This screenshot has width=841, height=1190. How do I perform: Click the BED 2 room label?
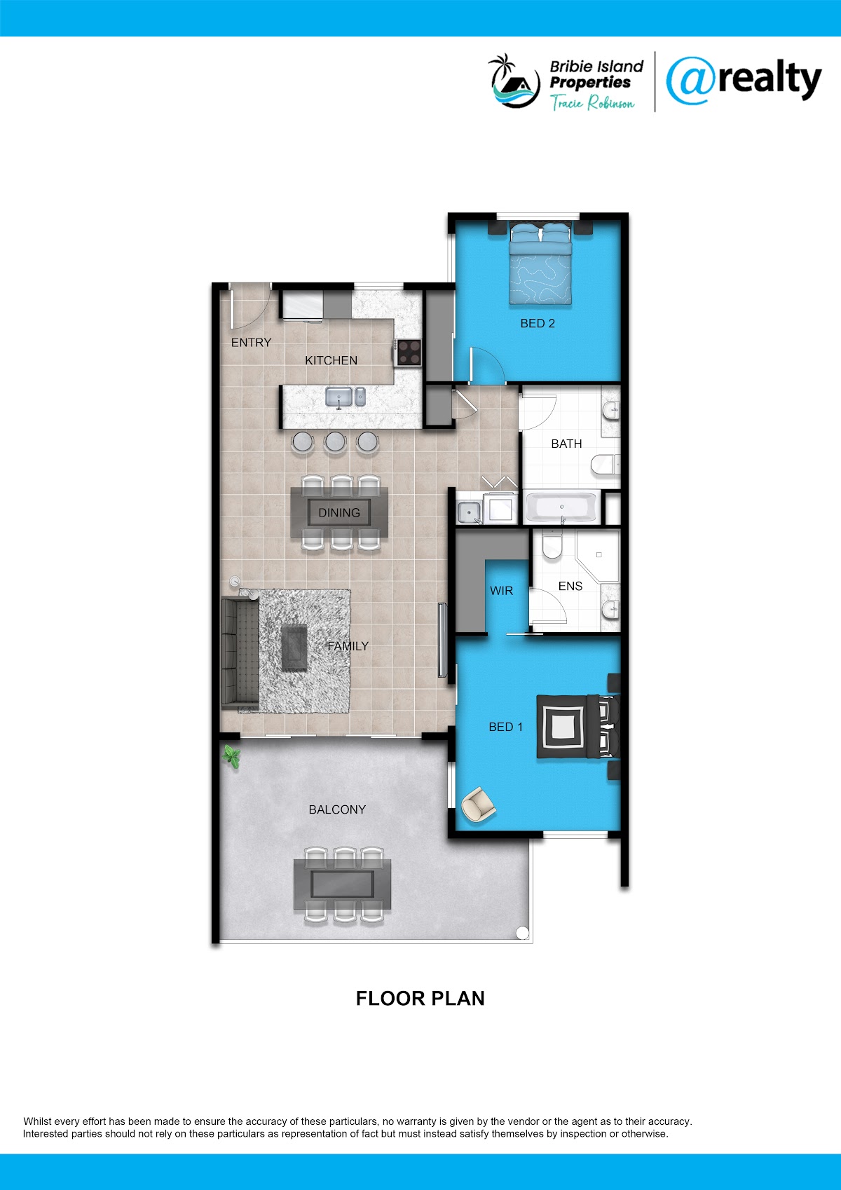pos(537,324)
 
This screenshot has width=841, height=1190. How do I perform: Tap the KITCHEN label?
pos(331,361)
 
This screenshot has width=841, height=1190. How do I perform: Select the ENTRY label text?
pos(251,343)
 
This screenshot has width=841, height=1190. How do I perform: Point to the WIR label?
pos(501,591)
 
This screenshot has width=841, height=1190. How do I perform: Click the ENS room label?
pos(570,586)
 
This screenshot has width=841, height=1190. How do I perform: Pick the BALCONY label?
pos(337,809)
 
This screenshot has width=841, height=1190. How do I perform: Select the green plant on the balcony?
pos(231,756)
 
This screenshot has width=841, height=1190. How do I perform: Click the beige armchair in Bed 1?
pos(478,805)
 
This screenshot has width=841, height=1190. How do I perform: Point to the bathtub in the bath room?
pos(561,508)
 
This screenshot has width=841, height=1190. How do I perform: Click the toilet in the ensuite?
pos(552,545)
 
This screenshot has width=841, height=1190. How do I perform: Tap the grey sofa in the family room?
pos(240,653)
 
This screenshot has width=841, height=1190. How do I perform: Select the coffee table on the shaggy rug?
pos(294,648)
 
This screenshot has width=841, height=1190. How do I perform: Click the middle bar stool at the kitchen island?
pos(335,442)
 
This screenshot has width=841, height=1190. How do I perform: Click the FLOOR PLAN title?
pos(420,999)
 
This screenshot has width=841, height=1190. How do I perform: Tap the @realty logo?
pos(744,80)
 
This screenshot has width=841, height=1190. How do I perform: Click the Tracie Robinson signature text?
pos(592,102)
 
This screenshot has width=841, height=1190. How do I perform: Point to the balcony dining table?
pos(342,884)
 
